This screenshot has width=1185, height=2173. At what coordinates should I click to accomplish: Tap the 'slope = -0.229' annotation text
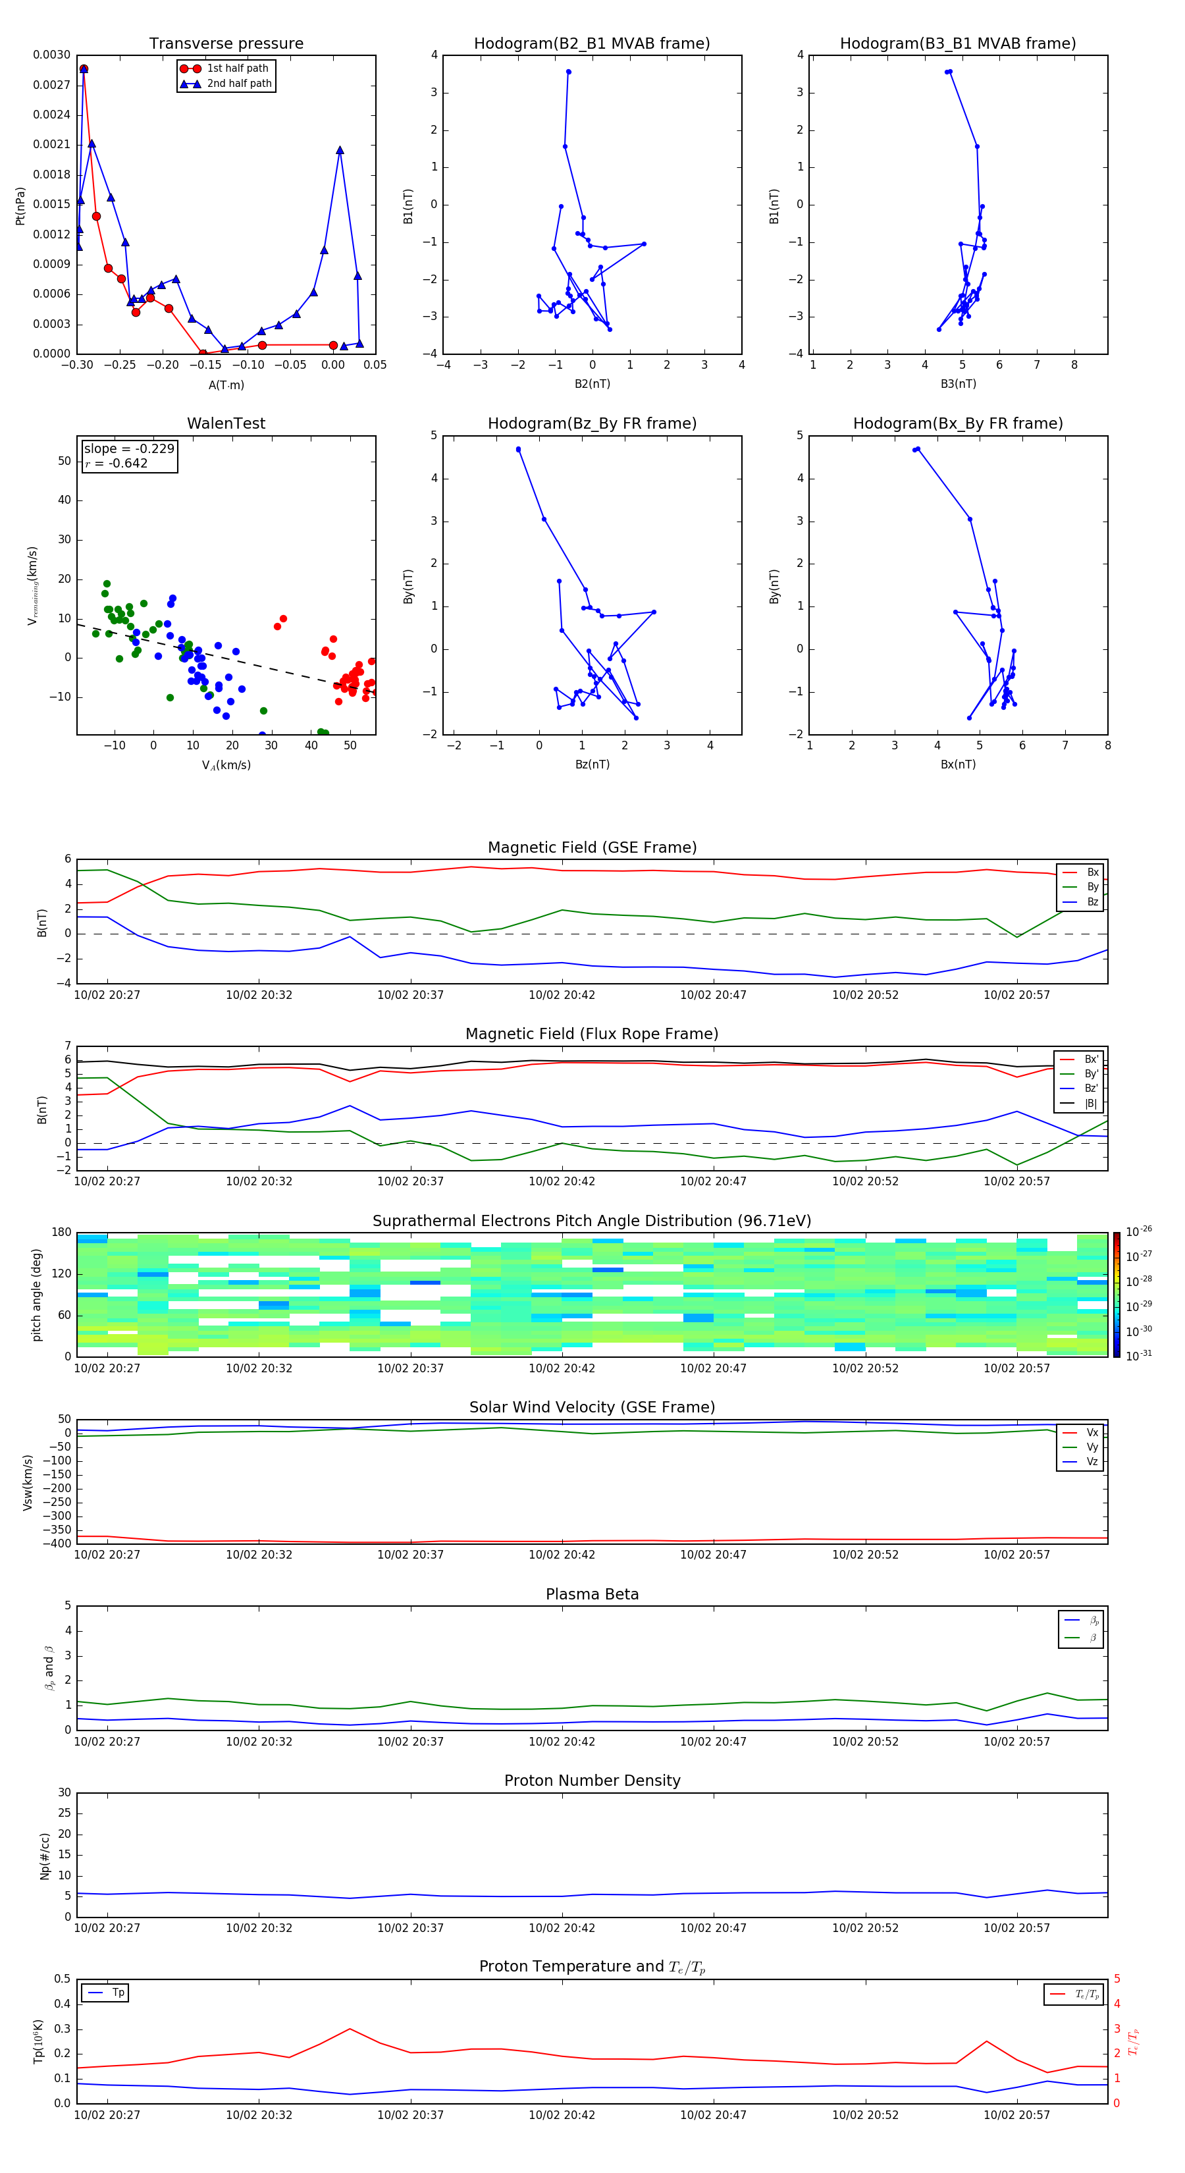click(129, 449)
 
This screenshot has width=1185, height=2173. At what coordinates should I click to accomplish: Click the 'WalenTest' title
click(226, 423)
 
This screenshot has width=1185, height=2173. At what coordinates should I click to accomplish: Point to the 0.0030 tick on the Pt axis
click(51, 55)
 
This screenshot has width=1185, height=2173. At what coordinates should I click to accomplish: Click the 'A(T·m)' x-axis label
click(226, 385)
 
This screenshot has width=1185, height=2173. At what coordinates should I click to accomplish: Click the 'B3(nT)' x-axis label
click(958, 384)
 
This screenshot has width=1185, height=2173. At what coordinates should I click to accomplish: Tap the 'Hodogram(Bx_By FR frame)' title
click(957, 423)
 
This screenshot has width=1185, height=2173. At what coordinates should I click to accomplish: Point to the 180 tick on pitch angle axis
click(62, 1233)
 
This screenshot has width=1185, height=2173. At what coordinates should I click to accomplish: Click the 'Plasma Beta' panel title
click(591, 1594)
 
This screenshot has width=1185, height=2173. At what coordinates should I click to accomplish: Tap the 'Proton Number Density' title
click(591, 1781)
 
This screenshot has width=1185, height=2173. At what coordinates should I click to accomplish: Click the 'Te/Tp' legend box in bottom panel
click(1073, 1994)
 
